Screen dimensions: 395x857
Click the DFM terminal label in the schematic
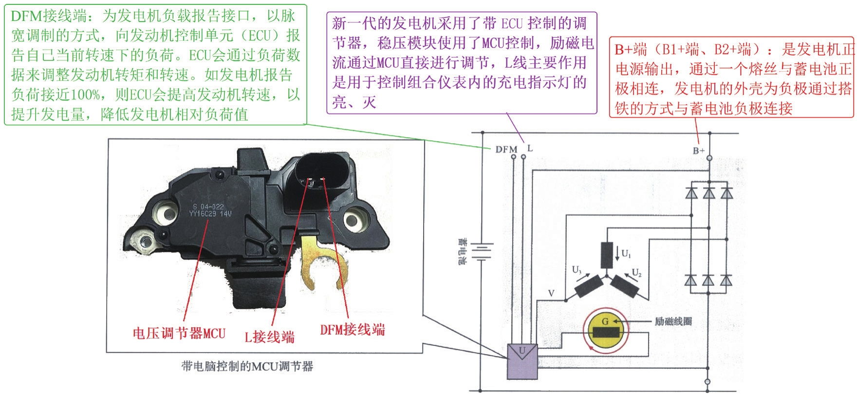pos(506,149)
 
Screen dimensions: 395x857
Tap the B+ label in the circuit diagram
pos(698,150)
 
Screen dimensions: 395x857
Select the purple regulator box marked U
pos(522,361)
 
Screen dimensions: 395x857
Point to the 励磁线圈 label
pos(673,321)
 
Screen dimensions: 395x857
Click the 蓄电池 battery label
pos(462,251)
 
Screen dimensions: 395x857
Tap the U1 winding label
pos(626,253)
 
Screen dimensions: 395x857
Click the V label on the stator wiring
pos(551,293)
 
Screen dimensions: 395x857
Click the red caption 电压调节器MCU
pos(179,334)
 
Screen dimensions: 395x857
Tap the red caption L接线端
pos(269,337)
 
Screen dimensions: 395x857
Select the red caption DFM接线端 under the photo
pos(352,330)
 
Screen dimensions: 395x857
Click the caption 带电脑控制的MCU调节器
pos(247,367)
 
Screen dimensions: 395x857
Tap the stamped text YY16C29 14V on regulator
pos(210,213)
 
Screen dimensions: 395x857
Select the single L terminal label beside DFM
pos(530,148)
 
